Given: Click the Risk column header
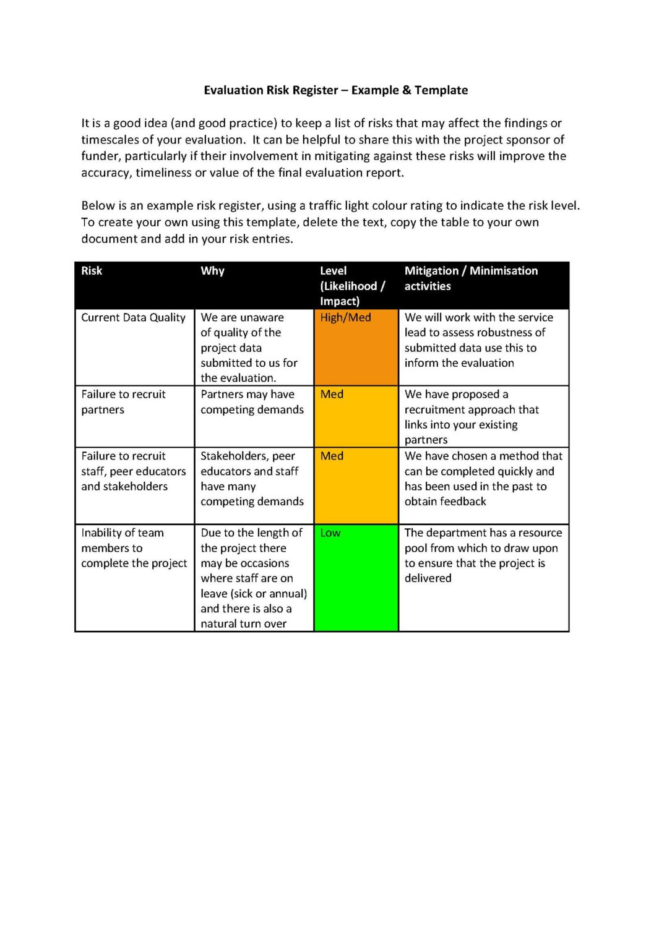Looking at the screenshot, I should (92, 271).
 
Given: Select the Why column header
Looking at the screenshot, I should (212, 271).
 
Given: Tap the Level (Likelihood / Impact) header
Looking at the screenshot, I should (352, 286).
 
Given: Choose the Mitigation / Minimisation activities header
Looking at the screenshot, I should (471, 278).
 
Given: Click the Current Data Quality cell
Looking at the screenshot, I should (133, 318).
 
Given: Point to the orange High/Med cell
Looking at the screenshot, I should (356, 347).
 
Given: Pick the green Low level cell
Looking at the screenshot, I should (356, 577).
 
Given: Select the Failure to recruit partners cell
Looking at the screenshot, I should (123, 402).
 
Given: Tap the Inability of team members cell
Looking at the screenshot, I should (134, 548).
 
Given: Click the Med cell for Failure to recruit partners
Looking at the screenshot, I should (356, 416).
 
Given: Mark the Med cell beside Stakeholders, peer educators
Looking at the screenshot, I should (356, 486).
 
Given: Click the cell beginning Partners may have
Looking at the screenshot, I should (252, 402).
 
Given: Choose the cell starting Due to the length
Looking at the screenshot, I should (253, 578).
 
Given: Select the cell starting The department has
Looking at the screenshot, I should (483, 555).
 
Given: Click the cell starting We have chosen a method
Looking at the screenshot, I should (483, 479).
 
